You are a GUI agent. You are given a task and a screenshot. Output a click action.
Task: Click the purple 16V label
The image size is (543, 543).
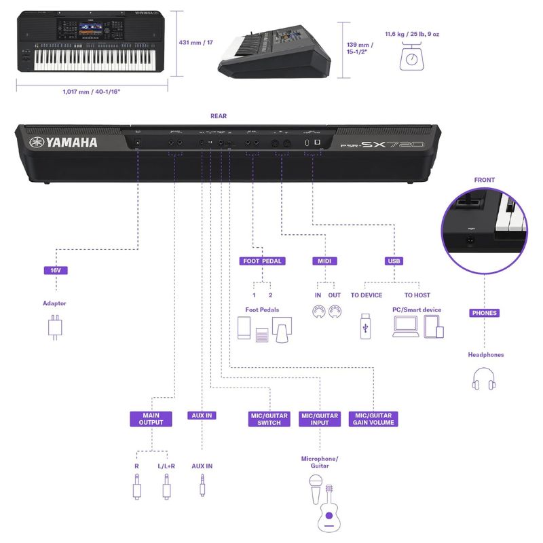click(x=56, y=270)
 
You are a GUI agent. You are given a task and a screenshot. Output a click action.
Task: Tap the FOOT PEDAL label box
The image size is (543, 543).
click(x=262, y=261)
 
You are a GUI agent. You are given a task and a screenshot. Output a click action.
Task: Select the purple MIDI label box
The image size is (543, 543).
click(x=324, y=261)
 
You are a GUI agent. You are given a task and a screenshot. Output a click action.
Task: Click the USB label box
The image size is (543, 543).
click(x=394, y=261)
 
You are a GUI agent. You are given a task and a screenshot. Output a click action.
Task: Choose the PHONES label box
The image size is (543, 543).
click(x=484, y=313)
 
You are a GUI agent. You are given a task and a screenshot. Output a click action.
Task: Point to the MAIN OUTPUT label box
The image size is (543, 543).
click(x=151, y=419)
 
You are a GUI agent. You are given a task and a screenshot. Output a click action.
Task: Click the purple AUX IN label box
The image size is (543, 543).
click(x=202, y=415)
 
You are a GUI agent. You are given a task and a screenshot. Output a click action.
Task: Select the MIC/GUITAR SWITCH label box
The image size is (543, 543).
click(x=269, y=419)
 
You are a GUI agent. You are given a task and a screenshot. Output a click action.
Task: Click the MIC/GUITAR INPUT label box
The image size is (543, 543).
click(x=319, y=419)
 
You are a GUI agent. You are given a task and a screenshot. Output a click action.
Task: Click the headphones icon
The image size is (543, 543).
click(x=484, y=378)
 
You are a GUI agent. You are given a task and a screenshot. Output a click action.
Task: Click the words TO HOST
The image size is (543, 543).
click(x=417, y=295)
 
